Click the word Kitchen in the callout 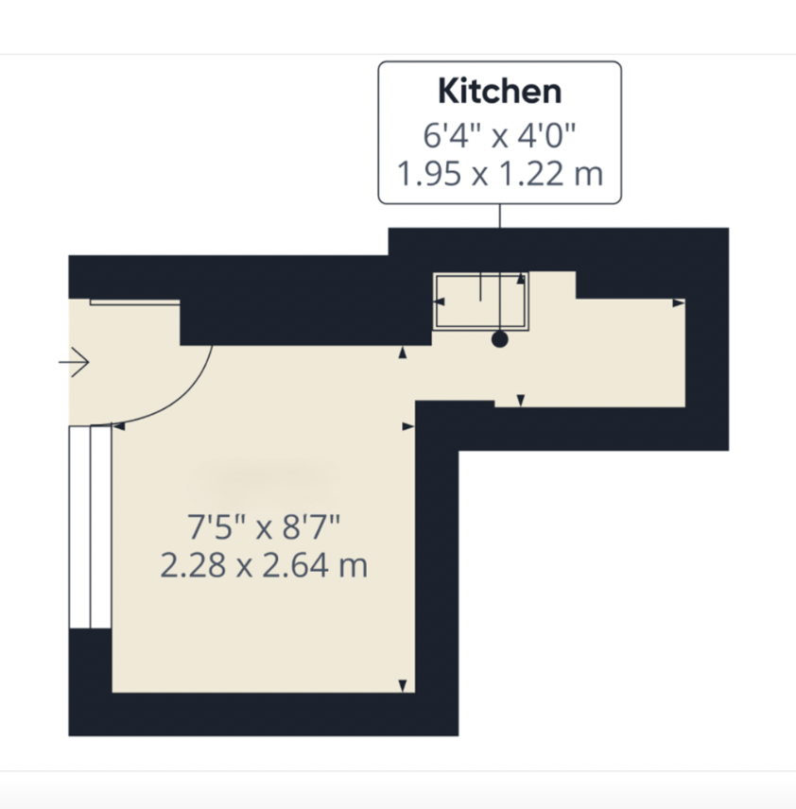click(x=499, y=92)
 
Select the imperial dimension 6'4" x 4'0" click(x=499, y=134)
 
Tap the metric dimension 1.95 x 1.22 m click(x=499, y=175)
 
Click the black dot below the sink click(x=500, y=338)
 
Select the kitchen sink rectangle click(x=481, y=301)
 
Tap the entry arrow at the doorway click(x=74, y=361)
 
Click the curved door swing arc click(x=183, y=398)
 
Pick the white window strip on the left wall click(x=91, y=525)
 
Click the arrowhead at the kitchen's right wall click(x=678, y=303)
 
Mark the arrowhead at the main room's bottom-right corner click(x=404, y=685)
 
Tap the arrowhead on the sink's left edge click(x=439, y=301)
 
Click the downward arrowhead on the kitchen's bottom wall click(x=520, y=402)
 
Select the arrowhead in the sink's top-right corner click(x=520, y=280)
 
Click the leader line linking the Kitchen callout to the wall click(x=499, y=215)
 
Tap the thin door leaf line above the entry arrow click(x=134, y=302)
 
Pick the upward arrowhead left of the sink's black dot click(x=404, y=353)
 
